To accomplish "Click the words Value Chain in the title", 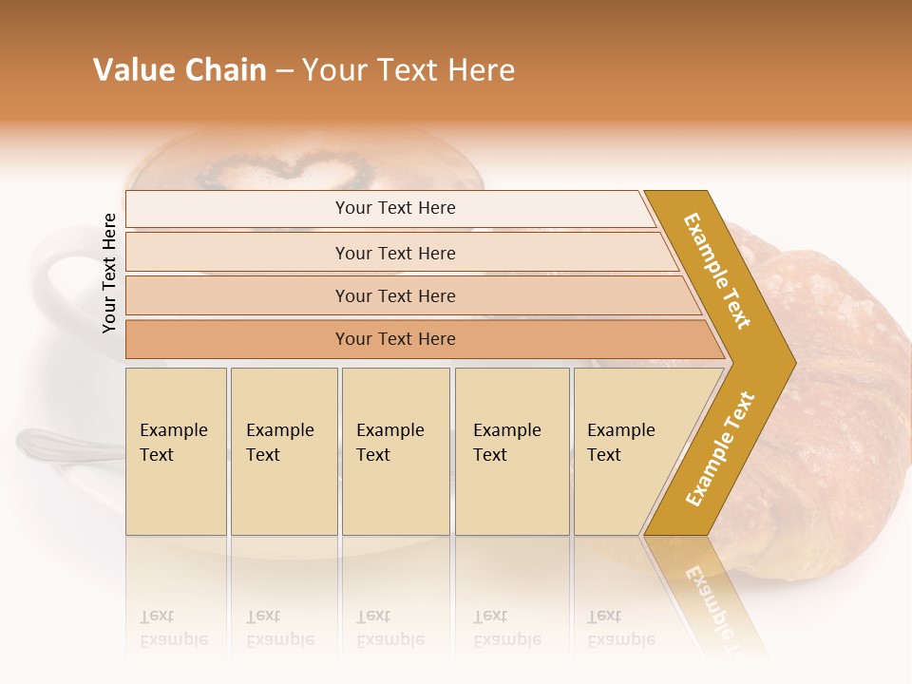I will tap(180, 70).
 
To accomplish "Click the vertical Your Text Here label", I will tap(109, 273).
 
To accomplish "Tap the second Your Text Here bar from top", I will tap(395, 253).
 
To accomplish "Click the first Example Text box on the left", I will tap(176, 451).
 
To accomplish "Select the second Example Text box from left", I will tap(284, 451).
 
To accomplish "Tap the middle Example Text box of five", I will tap(395, 451).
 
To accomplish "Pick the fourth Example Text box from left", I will tap(512, 451).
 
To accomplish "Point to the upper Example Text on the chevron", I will tap(717, 271).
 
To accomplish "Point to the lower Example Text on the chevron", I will tap(719, 448).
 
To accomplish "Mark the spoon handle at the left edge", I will tap(43, 441).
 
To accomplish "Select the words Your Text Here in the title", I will tap(408, 70).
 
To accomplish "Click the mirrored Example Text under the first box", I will tap(174, 628).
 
